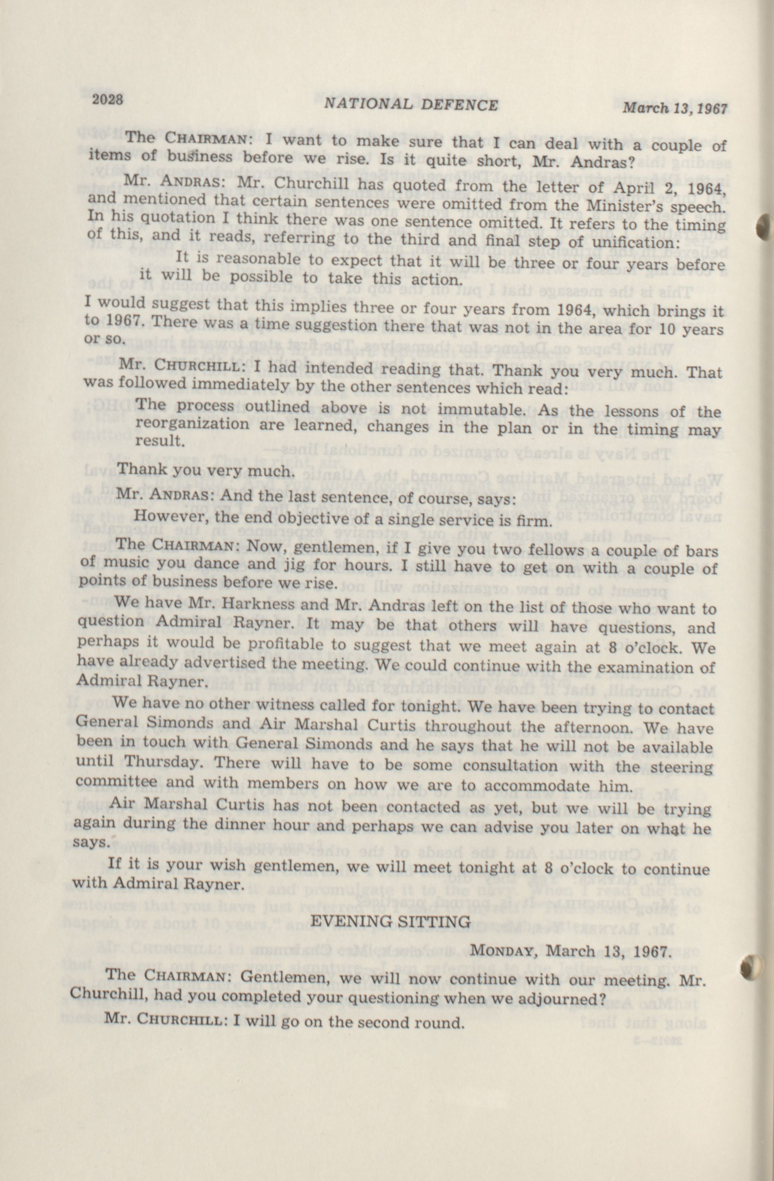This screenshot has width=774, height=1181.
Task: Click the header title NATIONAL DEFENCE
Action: (x=410, y=104)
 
